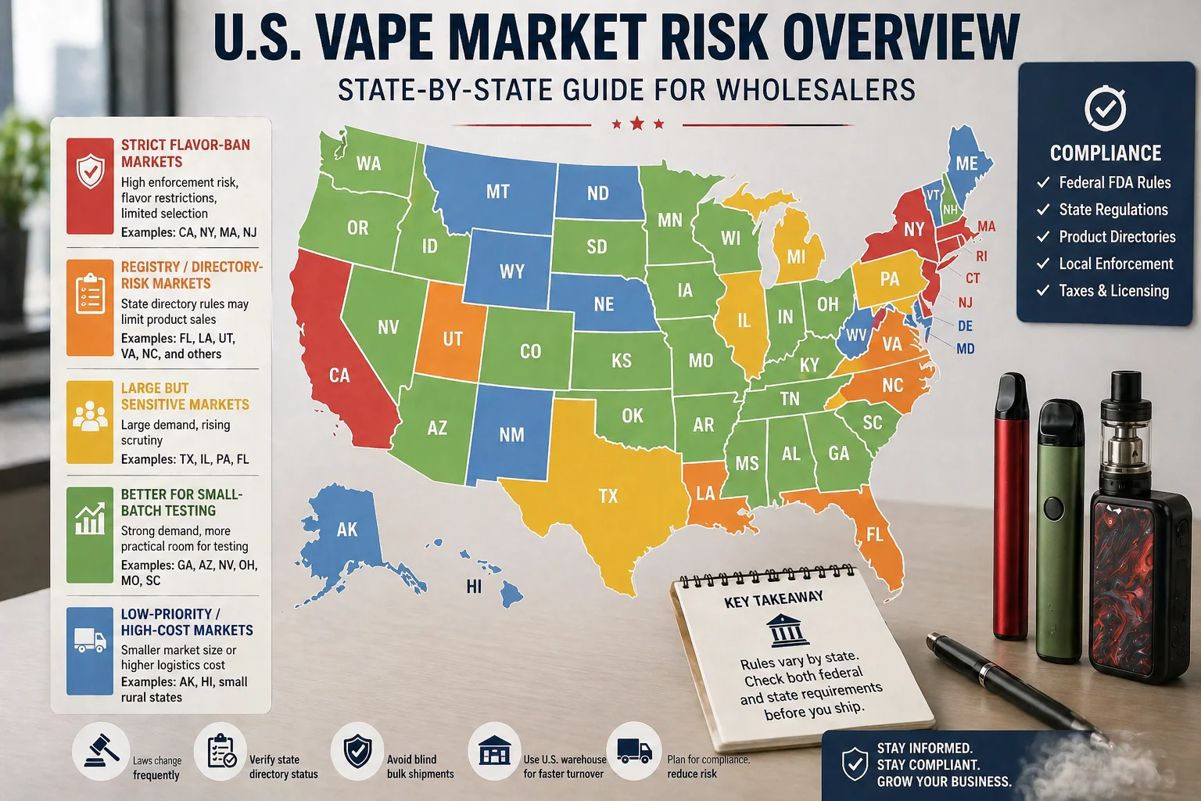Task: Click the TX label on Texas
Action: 608,496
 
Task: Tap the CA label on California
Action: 339,375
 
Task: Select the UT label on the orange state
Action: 453,339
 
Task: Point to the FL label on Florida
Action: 874,534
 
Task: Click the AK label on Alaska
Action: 347,530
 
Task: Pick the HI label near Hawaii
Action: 474,586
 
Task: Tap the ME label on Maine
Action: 966,163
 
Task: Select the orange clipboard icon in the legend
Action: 90,293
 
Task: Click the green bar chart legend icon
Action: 90,519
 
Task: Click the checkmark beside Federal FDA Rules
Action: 1042,183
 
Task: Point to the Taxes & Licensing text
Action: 1113,291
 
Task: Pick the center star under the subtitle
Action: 637,124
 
